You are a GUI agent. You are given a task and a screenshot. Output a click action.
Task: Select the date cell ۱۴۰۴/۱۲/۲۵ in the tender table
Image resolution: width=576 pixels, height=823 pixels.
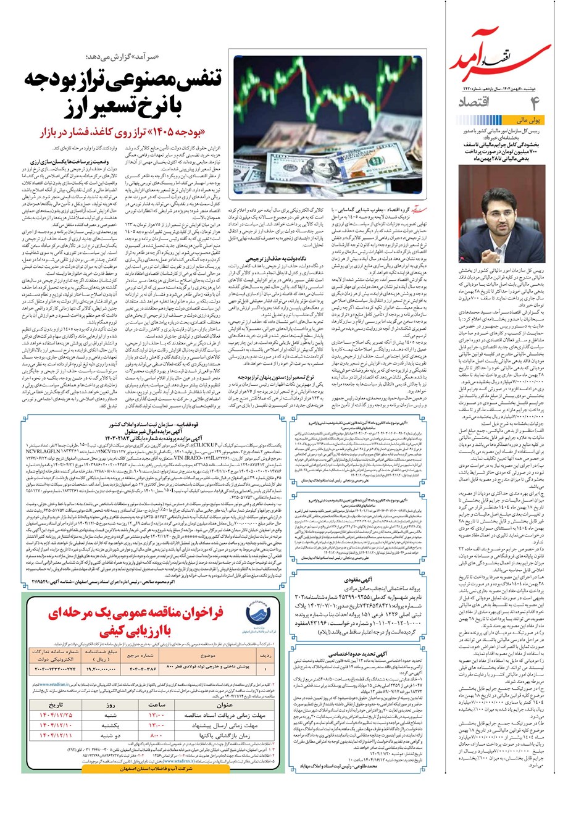pos(56,715)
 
